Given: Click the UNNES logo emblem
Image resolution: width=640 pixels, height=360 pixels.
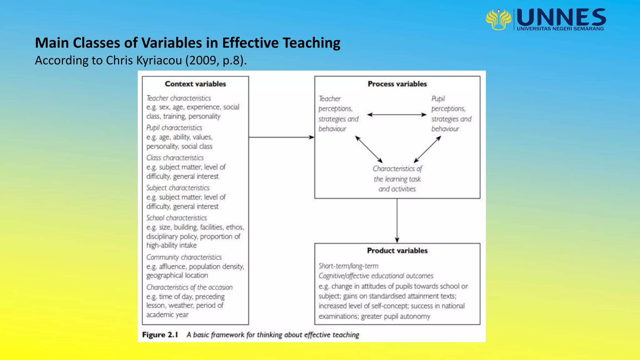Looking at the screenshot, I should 498,19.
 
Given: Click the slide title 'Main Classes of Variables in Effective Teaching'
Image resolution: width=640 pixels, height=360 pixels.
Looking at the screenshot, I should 187,43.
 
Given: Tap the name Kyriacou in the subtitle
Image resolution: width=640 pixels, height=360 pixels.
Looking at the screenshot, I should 159,60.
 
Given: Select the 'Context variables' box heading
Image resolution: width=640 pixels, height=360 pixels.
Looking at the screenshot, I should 195,84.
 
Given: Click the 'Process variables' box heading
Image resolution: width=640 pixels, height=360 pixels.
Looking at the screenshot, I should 397,84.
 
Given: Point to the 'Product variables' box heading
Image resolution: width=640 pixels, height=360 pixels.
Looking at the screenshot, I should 397,251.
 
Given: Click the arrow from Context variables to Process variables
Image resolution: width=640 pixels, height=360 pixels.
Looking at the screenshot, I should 281,137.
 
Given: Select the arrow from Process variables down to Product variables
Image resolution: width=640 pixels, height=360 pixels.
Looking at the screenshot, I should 397,220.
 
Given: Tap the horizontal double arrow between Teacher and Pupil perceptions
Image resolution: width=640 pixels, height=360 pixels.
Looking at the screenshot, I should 397,115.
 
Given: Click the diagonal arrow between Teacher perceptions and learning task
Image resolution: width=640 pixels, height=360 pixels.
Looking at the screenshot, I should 369,149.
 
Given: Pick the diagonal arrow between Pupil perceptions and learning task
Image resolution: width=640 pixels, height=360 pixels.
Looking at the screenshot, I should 427,149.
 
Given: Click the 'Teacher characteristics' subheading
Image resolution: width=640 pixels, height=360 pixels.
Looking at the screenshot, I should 179,98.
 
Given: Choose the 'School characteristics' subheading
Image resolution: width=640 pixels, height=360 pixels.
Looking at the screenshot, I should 177,218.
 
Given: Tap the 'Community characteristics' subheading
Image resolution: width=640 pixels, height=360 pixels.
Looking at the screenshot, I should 184,257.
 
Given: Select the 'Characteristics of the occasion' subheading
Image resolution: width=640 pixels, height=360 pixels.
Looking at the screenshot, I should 189,287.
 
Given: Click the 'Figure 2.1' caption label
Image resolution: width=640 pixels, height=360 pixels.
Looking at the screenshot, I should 160,335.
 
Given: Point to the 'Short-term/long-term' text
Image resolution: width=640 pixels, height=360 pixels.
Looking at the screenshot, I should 348,266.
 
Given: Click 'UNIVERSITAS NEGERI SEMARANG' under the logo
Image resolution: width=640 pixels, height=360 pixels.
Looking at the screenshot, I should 560,29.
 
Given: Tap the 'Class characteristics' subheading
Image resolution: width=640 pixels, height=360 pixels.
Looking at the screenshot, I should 175,158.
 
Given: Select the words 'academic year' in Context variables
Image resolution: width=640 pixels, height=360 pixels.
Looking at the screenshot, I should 167,315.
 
